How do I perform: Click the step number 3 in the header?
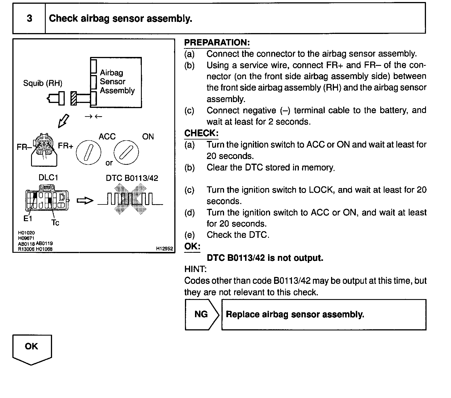point(29,18)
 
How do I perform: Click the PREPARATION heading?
point(217,43)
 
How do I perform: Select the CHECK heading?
point(201,133)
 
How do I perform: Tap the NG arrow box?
point(202,314)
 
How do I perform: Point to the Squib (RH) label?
point(43,83)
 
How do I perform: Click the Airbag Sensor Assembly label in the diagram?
point(117,82)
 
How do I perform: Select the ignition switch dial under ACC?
point(88,152)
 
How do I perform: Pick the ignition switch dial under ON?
point(126,152)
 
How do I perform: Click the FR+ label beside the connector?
point(66,146)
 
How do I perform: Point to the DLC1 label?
point(48,178)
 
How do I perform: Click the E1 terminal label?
point(28,219)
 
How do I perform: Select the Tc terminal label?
point(55,223)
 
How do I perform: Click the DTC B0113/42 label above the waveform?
point(132,178)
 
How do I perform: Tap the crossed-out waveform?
point(130,199)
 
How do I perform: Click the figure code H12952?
point(165,248)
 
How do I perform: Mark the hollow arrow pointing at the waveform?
point(85,201)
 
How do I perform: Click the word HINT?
point(195,269)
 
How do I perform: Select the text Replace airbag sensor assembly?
point(295,314)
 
